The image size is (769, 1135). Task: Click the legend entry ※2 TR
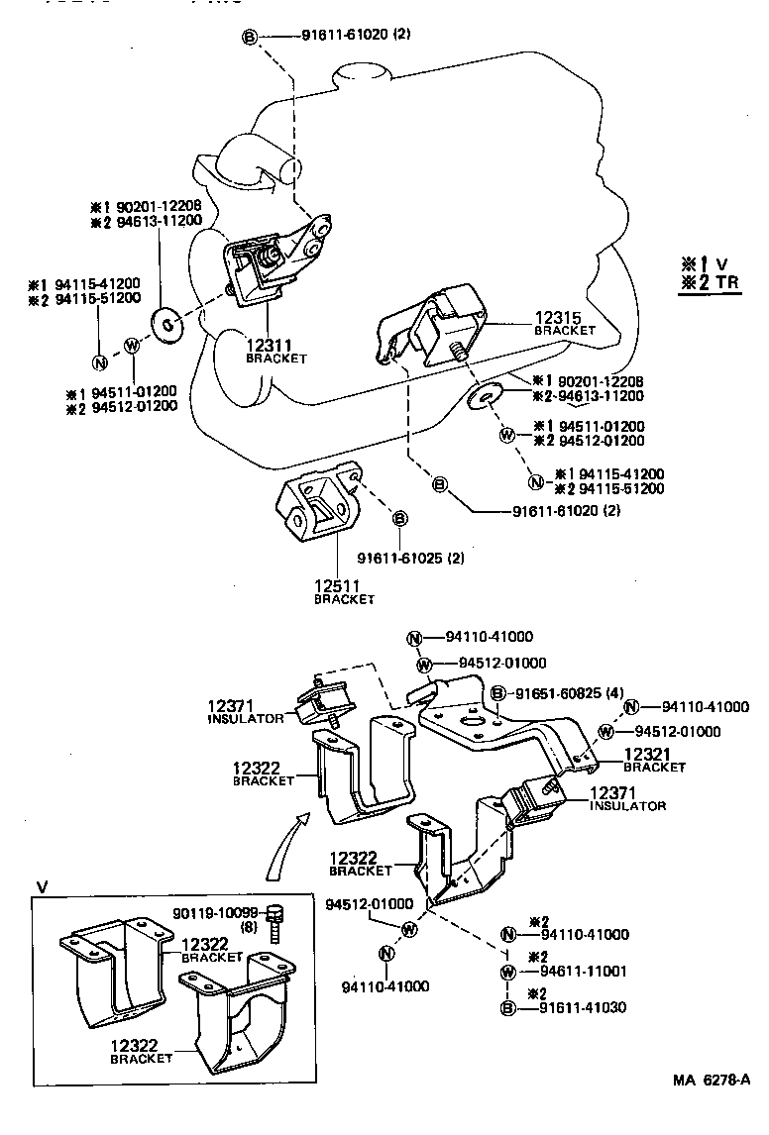click(x=712, y=283)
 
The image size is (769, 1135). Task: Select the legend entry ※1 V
click(x=705, y=263)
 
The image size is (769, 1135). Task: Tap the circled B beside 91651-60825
click(x=498, y=693)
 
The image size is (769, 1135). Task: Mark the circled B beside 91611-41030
click(x=507, y=1007)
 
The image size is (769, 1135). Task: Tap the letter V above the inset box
click(x=42, y=885)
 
